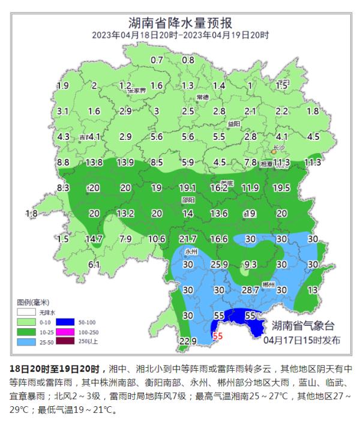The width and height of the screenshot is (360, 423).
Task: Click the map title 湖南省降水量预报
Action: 180,23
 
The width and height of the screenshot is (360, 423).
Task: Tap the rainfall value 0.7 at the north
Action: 157,60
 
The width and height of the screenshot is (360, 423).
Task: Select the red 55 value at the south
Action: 218,337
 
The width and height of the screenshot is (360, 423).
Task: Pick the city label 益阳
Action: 233,124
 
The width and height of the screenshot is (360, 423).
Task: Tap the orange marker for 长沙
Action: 273,152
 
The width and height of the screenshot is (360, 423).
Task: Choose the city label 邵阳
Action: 188,200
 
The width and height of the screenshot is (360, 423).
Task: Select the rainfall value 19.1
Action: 188,188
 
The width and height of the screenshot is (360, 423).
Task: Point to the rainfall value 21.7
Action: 188,239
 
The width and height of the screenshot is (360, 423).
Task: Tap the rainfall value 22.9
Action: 188,341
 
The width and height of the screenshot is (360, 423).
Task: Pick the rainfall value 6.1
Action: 94,265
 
